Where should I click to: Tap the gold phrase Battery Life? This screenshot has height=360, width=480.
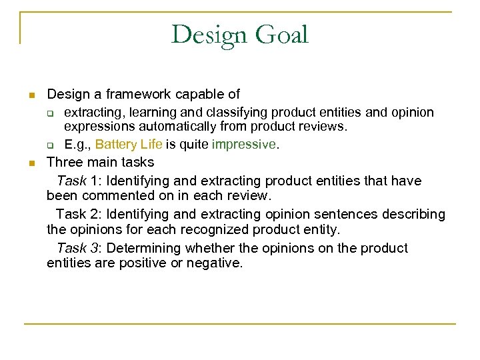(x=125, y=144)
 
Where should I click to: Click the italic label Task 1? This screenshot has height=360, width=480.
(x=79, y=181)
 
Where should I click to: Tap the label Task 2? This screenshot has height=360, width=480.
(x=78, y=214)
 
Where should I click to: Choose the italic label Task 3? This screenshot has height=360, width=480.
(x=79, y=248)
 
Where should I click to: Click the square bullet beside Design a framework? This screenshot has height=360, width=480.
(x=31, y=96)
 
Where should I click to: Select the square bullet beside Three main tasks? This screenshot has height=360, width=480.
(x=31, y=163)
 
